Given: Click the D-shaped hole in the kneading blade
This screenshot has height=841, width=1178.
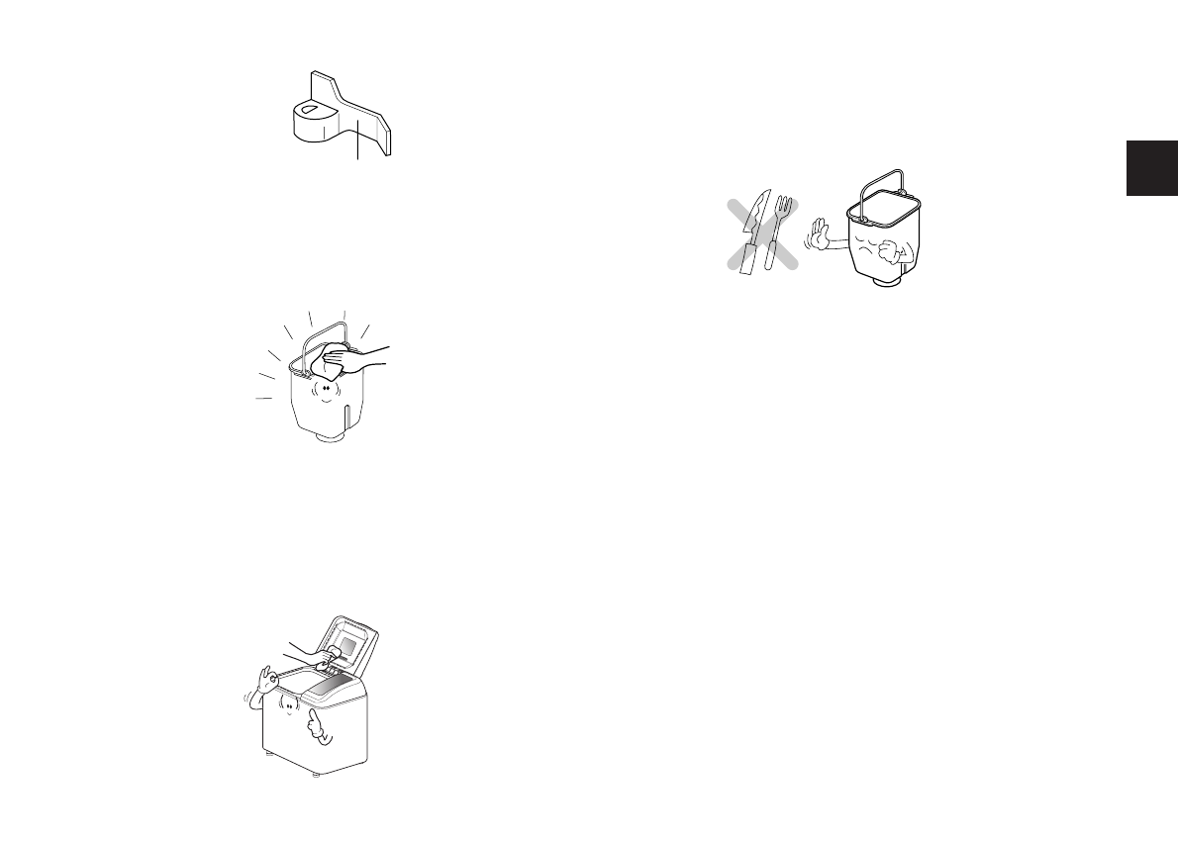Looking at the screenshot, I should (308, 109).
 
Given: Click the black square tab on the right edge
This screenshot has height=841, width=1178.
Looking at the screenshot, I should (1150, 168).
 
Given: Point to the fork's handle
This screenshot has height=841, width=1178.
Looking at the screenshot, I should (773, 252).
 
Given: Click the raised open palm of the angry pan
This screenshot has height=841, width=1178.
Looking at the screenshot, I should (818, 234).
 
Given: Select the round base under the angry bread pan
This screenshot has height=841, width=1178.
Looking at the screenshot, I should (887, 284).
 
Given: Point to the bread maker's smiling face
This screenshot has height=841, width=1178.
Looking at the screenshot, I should (287, 705).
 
